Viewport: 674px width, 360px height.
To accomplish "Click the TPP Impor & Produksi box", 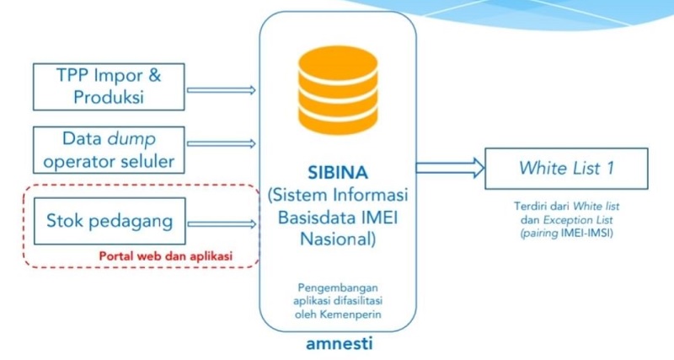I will tap(108, 86).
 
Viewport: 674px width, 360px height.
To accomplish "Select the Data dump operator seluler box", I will tap(108, 148).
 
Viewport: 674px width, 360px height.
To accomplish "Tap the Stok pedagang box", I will tap(110, 222).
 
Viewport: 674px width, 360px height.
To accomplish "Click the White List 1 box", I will tap(565, 169).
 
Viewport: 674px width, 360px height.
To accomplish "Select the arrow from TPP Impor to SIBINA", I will tap(220, 88).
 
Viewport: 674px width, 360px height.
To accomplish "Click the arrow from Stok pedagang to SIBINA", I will tap(220, 223).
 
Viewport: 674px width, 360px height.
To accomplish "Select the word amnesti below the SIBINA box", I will tap(337, 344).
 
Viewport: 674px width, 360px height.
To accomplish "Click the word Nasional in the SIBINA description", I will tap(336, 238).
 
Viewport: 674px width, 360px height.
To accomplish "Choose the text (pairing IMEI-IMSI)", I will tap(566, 232).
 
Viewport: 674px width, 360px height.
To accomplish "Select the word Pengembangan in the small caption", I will tap(336, 287).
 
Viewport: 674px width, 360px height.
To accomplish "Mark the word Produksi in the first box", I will tap(109, 97).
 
